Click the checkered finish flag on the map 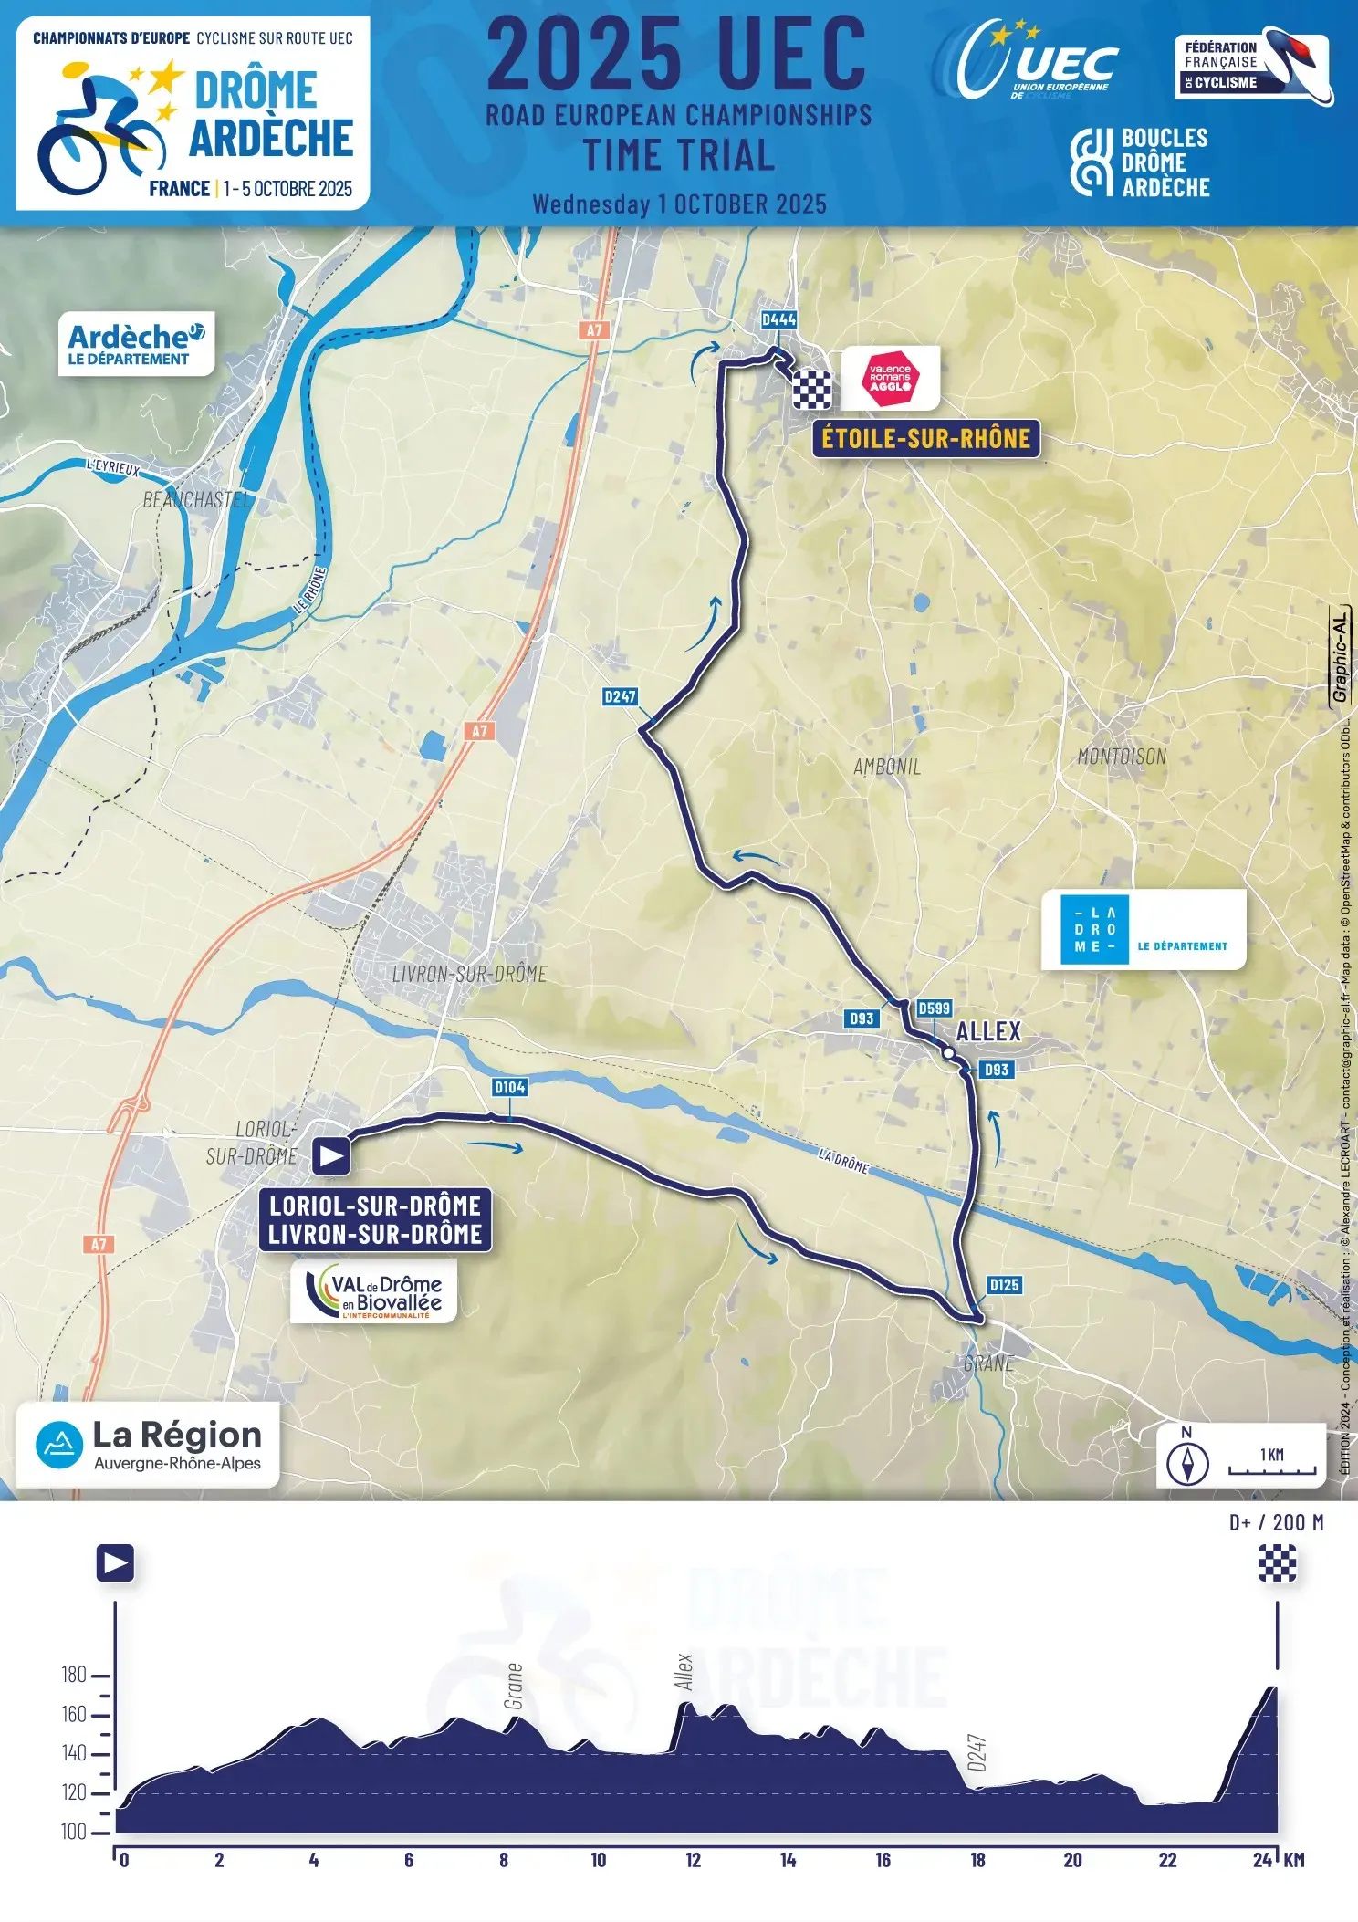pyautogui.click(x=811, y=391)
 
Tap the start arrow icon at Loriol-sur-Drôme pyautogui.click(x=330, y=1156)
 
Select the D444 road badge pyautogui.click(x=778, y=319)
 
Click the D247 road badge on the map pyautogui.click(x=620, y=696)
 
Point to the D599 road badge pyautogui.click(x=934, y=1008)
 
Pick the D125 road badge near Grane pyautogui.click(x=1004, y=1285)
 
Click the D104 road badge pyautogui.click(x=509, y=1087)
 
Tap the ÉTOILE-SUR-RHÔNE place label pyautogui.click(x=925, y=439)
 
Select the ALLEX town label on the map pyautogui.click(x=988, y=1032)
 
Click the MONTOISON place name pyautogui.click(x=1122, y=757)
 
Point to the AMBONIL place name pyautogui.click(x=887, y=767)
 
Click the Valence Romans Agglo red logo pyautogui.click(x=890, y=378)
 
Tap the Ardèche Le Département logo pyautogui.click(x=136, y=345)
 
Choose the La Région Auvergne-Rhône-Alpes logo pyautogui.click(x=148, y=1445)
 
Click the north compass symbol pyautogui.click(x=1187, y=1463)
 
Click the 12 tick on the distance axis pyautogui.click(x=694, y=1860)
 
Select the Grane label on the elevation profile pyautogui.click(x=514, y=1686)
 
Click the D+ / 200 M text pyautogui.click(x=1276, y=1522)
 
